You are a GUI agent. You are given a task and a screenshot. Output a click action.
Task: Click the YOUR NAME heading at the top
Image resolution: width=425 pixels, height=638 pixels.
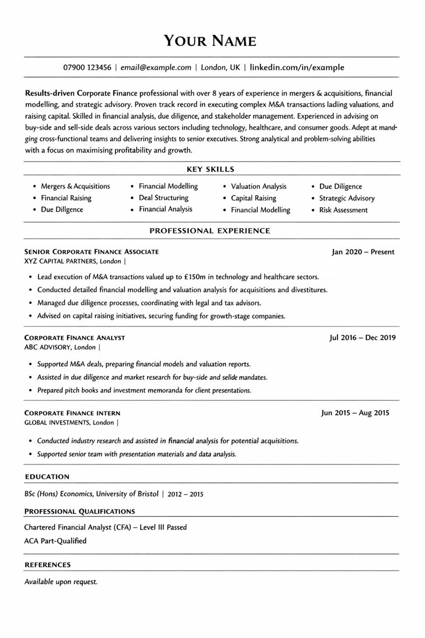210,40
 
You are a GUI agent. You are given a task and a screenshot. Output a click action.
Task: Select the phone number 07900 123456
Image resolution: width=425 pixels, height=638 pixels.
87,68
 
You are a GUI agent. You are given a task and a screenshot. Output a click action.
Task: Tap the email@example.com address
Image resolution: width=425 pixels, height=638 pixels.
156,68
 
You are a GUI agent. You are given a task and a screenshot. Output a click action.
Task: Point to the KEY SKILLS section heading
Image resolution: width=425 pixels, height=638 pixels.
210,169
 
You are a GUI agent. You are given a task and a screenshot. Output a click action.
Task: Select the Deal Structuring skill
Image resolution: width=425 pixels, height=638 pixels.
164,198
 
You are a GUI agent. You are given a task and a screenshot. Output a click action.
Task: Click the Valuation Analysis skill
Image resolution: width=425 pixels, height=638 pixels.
258,187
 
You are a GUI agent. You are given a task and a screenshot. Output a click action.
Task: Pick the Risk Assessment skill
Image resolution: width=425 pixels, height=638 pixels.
343,210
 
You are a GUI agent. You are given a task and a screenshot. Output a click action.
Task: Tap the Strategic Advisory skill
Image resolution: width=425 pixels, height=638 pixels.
346,198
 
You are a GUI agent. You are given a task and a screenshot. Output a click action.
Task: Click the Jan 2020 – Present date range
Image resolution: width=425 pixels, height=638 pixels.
363,252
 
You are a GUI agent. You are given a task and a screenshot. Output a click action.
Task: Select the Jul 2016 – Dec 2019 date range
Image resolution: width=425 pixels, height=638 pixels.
363,338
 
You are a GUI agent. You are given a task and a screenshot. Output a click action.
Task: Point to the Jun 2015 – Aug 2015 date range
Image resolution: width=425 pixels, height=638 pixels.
355,413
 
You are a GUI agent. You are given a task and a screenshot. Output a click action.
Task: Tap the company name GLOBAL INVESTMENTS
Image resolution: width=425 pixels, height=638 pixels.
57,423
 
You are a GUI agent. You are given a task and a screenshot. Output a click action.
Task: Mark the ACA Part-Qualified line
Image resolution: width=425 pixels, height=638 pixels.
55,541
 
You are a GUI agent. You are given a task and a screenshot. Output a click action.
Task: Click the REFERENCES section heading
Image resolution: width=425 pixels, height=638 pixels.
48,565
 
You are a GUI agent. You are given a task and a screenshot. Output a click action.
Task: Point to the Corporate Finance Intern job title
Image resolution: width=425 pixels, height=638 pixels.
72,413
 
